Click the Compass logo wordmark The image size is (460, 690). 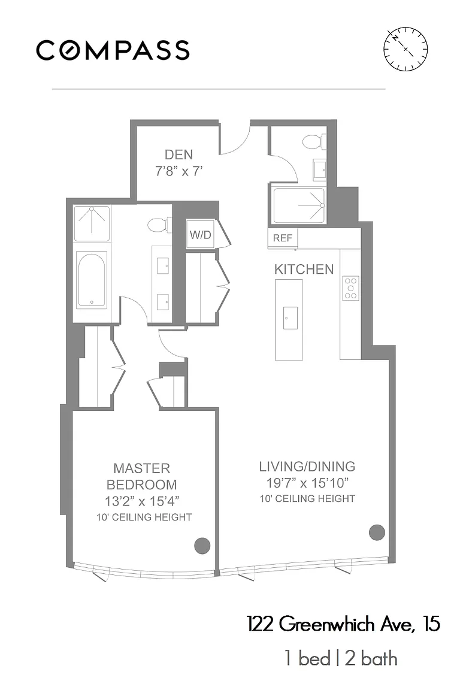[113, 50]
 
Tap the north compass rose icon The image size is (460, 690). [405, 49]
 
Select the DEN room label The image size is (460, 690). [178, 155]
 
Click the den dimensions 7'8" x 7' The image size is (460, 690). [178, 171]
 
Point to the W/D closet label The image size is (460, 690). [200, 235]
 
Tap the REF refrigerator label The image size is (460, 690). [283, 238]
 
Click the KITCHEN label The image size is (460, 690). [304, 270]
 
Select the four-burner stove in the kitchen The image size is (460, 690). [351, 288]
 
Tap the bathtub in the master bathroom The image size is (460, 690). [92, 280]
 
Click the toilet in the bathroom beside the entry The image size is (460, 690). [314, 142]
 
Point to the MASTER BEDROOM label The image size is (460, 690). [142, 476]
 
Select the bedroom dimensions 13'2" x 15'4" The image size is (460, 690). [142, 501]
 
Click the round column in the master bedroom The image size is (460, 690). [202, 546]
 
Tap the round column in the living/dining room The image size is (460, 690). [377, 532]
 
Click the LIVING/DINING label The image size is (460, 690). [307, 467]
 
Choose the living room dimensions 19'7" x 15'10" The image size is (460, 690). [307, 483]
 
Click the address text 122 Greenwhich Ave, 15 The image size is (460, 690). [343, 624]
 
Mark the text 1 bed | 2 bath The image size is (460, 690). [341, 659]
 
